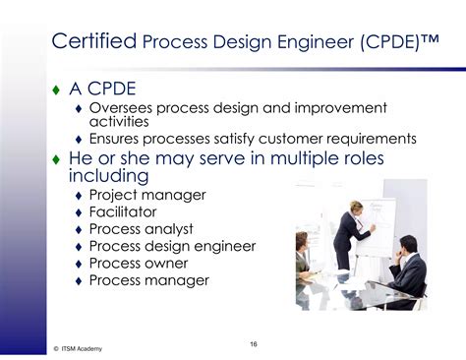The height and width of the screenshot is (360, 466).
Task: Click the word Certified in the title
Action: pos(93,41)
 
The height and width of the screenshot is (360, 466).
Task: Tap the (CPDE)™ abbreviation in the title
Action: pos(394,42)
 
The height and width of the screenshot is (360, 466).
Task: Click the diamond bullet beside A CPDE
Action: pos(56,90)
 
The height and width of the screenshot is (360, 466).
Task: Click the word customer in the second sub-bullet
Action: pos(302,139)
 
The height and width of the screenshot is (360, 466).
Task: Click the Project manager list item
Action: pos(147,195)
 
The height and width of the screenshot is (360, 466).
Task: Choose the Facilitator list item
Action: pos(122,211)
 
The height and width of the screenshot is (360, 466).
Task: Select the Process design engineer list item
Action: pos(172,246)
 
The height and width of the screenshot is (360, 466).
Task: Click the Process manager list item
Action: pos(148,280)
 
